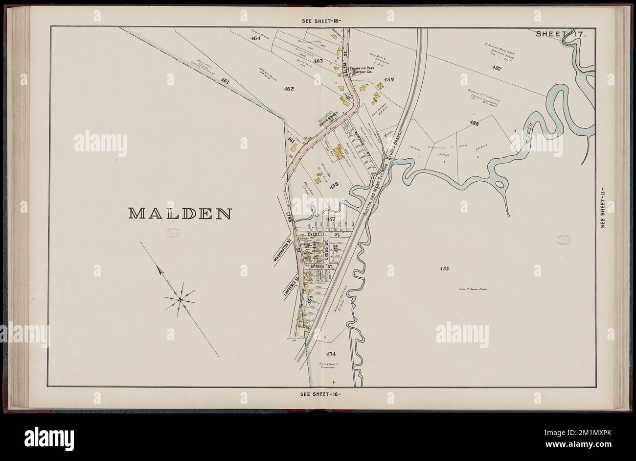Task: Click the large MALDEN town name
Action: click(180, 214)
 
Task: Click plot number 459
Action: click(389, 79)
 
